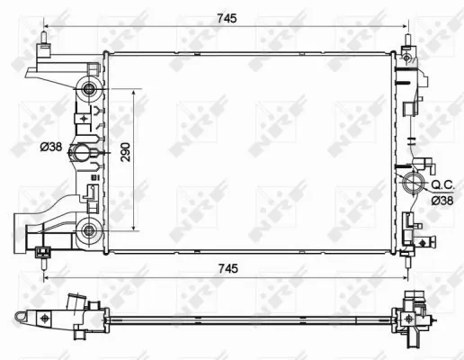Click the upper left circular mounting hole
click(88, 89)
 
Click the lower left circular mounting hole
click(88, 231)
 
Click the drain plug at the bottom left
click(41, 257)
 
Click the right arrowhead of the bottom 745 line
click(409, 280)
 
